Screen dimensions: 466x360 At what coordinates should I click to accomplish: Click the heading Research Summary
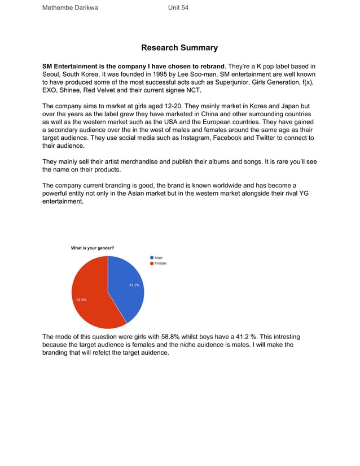179,48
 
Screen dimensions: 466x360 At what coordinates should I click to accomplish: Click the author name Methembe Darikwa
70,8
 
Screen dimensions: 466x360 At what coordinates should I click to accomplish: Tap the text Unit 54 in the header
178,8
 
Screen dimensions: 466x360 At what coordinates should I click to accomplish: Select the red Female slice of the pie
93,293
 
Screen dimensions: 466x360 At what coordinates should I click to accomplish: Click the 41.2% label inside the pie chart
134,285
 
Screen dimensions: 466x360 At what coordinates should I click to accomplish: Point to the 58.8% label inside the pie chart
81,300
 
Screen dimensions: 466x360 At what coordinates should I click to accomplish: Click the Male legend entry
159,258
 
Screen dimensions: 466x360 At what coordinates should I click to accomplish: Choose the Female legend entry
160,263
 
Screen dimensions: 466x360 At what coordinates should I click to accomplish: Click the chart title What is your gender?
93,248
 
